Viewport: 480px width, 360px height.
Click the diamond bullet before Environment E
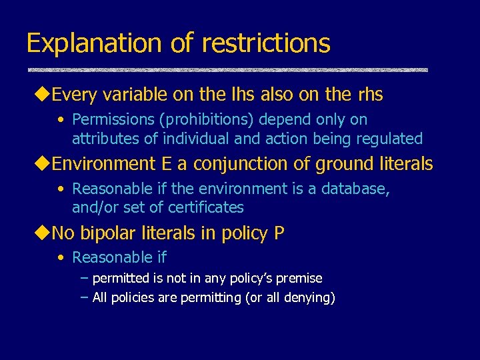(44, 164)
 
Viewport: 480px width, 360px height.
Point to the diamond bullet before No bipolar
(44, 233)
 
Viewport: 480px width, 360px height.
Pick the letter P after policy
(279, 233)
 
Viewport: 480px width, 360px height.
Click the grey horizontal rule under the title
(227, 70)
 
